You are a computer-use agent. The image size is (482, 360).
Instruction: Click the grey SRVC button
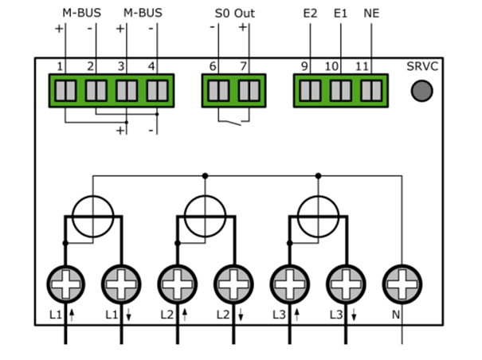coord(421,90)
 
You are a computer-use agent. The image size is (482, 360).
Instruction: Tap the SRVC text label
coord(423,66)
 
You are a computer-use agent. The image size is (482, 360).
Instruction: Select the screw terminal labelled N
coord(402,281)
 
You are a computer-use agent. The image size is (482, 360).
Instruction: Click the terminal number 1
coord(60,66)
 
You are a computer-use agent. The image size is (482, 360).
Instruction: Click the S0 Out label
coord(235,14)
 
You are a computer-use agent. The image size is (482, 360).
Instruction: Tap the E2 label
coord(310,14)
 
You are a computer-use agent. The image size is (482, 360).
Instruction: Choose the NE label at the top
coord(371,14)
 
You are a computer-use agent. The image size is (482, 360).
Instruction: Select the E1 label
coord(341,14)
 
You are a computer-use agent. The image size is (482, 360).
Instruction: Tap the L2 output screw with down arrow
coord(234,281)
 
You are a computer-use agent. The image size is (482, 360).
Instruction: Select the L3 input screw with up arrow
coord(290,281)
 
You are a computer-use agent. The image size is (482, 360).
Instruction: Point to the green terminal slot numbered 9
coord(310,90)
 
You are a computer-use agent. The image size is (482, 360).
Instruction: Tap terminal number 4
coord(151,66)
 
